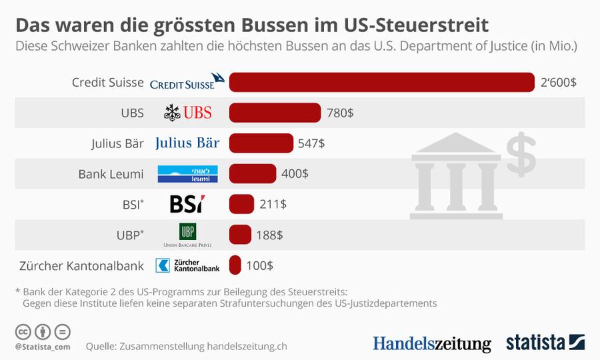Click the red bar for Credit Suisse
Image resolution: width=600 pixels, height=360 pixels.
click(381, 82)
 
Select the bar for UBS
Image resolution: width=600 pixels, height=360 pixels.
click(275, 113)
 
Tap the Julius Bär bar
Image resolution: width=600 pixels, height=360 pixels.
click(261, 143)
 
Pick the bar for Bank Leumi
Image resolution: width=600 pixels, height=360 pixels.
click(252, 173)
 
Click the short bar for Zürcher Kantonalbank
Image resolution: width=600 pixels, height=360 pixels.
click(235, 265)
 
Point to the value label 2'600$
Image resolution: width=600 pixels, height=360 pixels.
click(558, 83)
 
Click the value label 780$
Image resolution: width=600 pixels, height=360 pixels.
click(340, 113)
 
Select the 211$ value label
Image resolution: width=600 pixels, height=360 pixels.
click(273, 204)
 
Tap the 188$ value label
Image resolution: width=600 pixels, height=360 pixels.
click(269, 235)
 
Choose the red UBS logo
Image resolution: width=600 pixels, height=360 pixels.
click(188, 113)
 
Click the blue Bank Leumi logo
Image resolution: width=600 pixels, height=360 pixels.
click(178, 174)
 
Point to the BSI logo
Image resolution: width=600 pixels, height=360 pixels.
click(187, 204)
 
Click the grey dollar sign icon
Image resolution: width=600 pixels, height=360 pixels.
click(521, 154)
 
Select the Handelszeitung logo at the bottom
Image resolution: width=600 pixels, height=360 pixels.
click(431, 343)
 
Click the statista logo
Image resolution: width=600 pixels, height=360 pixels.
click(545, 343)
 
